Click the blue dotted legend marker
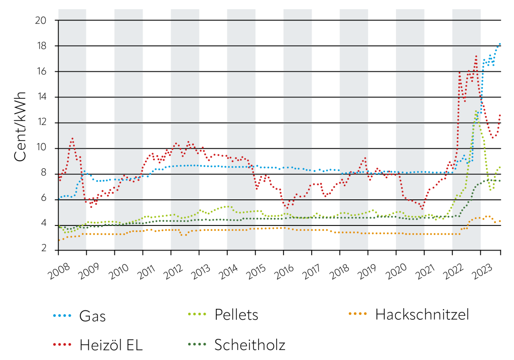pyautogui.click(x=62, y=315)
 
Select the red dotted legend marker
pyautogui.click(x=62, y=344)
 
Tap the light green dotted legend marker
pyautogui.click(x=197, y=314)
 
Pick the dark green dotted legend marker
pyautogui.click(x=197, y=344)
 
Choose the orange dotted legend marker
pyautogui.click(x=357, y=313)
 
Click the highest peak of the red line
pyautogui.click(x=476, y=56)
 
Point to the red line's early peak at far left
pyautogui.click(x=72, y=139)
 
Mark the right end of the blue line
pyautogui.click(x=500, y=44)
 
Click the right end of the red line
pyautogui.click(x=500, y=115)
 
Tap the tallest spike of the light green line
pyautogui.click(x=476, y=111)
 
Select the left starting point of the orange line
pyautogui.click(x=59, y=240)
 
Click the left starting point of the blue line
pyautogui.click(x=59, y=197)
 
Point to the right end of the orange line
pyautogui.click(x=500, y=221)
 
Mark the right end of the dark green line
pyautogui.click(x=500, y=181)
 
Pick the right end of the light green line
pyautogui.click(x=500, y=167)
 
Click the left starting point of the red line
pyautogui.click(x=59, y=180)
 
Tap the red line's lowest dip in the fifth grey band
pyautogui.click(x=287, y=207)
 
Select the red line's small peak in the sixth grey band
pyautogui.click(x=365, y=158)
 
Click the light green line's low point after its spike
pyautogui.click(x=490, y=190)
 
